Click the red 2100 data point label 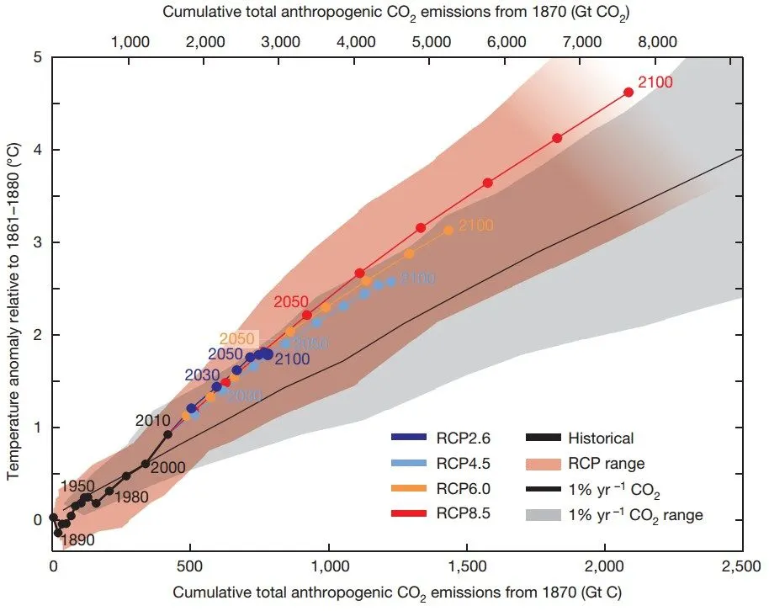point(655,82)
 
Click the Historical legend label point(600,438)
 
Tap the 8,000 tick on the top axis point(658,40)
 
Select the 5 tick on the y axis point(36,57)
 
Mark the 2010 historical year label point(152,420)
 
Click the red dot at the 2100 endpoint point(628,93)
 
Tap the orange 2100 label point(476,225)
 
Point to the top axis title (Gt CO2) point(397,13)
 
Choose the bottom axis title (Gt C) point(397,592)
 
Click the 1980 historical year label point(131,497)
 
